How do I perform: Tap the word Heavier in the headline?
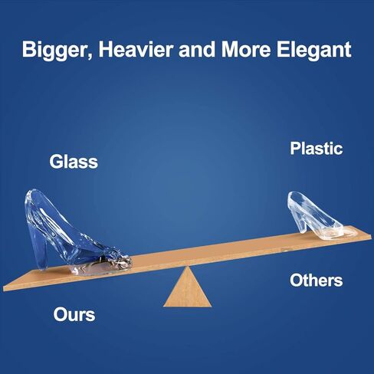pos(136,49)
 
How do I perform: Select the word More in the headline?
pos(245,49)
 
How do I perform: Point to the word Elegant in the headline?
pos(314,51)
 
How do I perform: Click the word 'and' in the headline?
pos(197,49)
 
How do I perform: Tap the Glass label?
pos(74,161)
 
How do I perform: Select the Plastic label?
pos(316,148)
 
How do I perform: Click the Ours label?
pos(74,314)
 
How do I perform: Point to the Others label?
pos(316,280)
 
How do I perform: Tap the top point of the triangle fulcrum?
pos(187,267)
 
